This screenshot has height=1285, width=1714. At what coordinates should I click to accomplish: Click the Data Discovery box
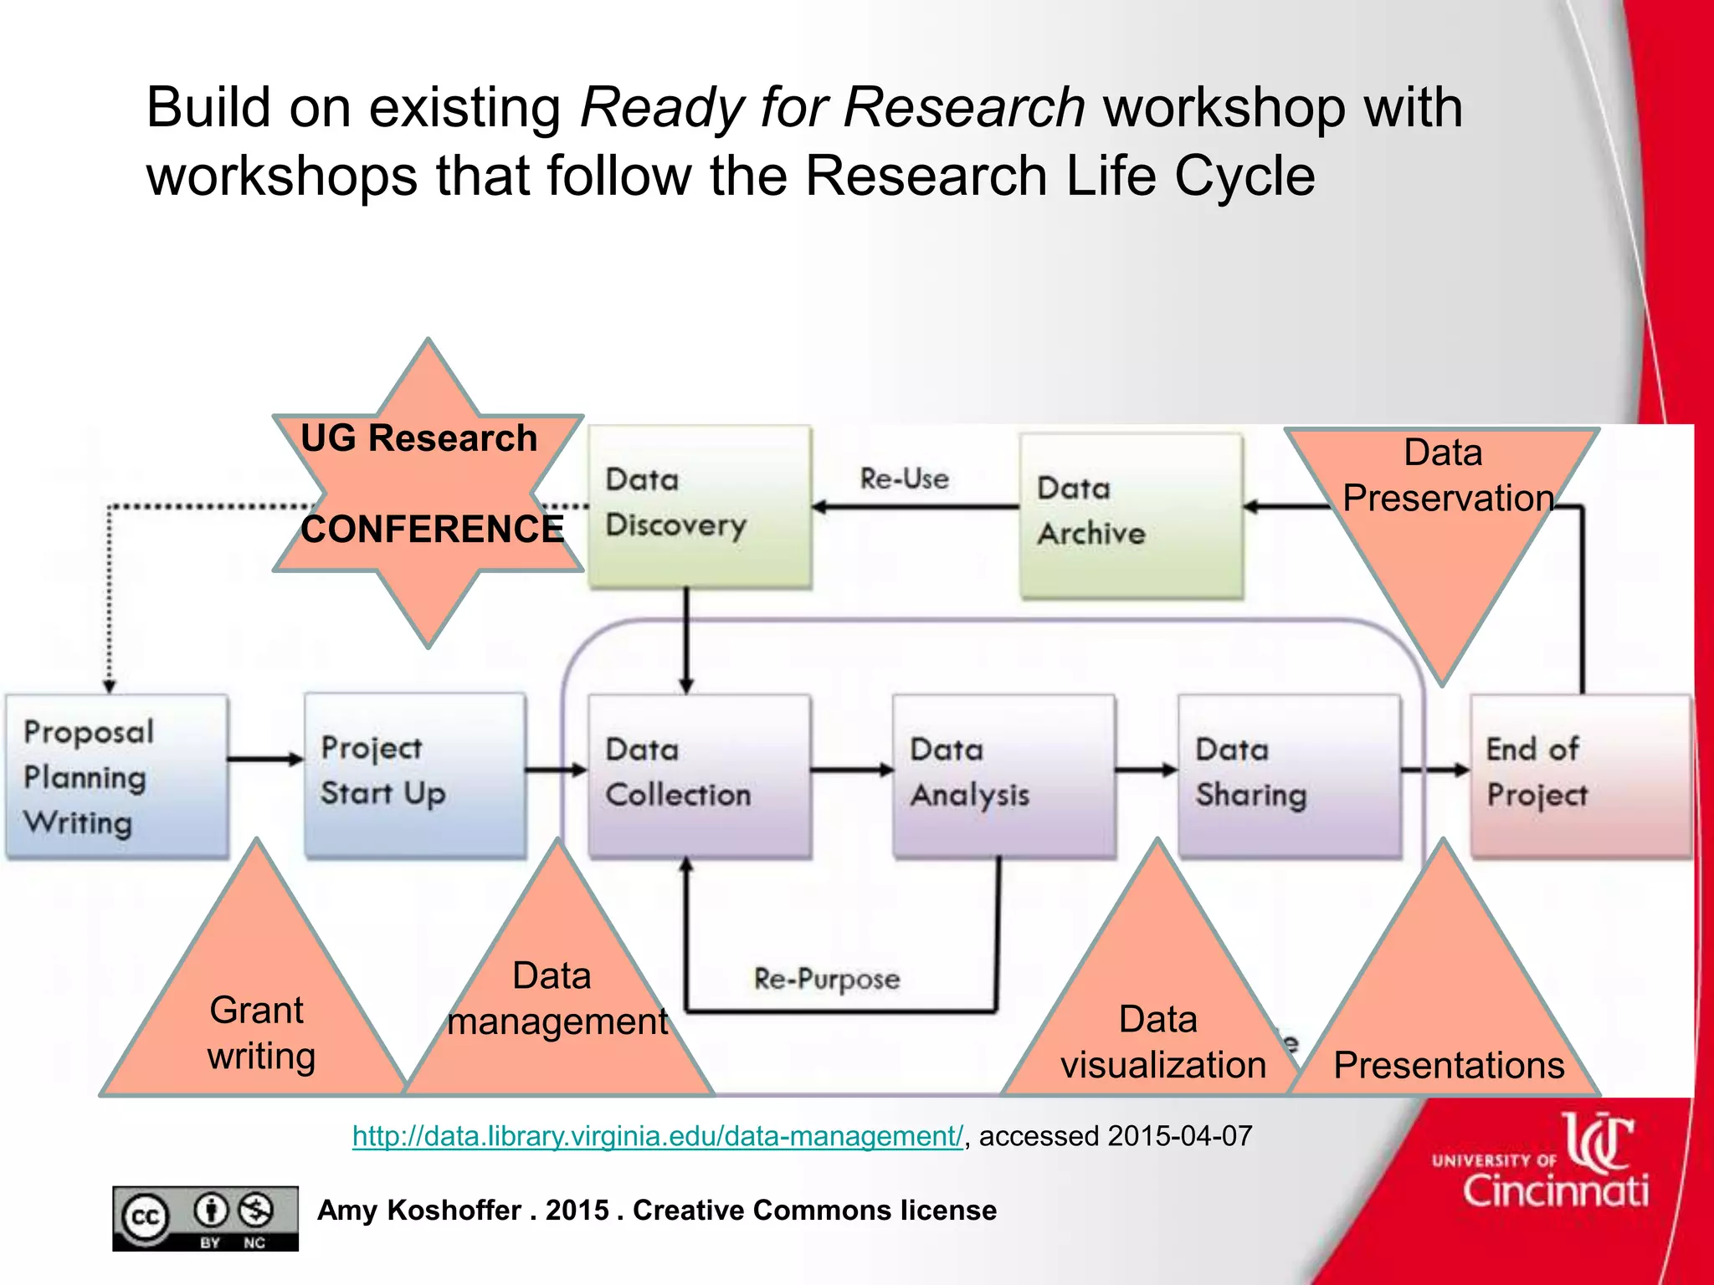coord(700,507)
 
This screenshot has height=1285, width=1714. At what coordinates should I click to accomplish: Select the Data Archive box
coord(1131,515)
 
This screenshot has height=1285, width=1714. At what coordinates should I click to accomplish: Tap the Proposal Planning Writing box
coord(116,776)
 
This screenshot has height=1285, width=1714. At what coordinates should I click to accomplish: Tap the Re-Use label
coord(905,479)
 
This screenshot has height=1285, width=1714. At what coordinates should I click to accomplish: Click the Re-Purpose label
coord(827,978)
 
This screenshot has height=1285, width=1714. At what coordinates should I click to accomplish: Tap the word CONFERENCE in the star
coord(432,530)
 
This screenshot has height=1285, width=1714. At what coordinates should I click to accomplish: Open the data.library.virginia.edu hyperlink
coord(657,1136)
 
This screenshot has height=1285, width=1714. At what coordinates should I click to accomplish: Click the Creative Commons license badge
coord(205,1218)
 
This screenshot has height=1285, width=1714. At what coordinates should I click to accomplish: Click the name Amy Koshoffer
coord(419,1211)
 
